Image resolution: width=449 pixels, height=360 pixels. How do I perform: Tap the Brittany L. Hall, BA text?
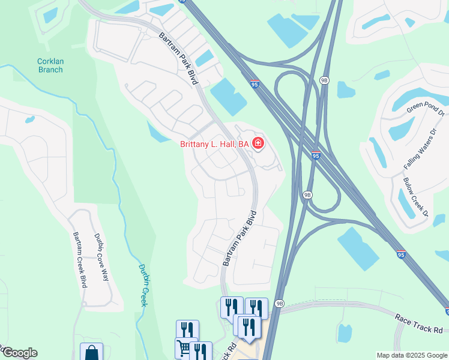click(x=214, y=144)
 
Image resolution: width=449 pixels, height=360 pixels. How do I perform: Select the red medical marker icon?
click(x=258, y=143)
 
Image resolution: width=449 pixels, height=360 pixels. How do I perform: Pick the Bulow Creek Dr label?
click(x=415, y=197)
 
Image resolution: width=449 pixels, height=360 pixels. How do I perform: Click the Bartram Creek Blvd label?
click(x=80, y=259)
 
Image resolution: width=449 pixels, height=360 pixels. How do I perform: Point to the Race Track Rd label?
click(x=419, y=323)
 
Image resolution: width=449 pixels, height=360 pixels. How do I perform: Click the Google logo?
click(x=19, y=353)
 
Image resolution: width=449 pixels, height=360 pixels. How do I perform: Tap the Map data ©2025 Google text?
click(x=411, y=355)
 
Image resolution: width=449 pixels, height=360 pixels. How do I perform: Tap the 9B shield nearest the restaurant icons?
click(x=280, y=304)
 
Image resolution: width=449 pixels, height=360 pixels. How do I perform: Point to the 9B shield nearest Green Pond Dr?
click(x=325, y=80)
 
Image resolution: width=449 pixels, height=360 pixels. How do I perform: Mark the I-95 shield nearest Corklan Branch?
click(x=255, y=86)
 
